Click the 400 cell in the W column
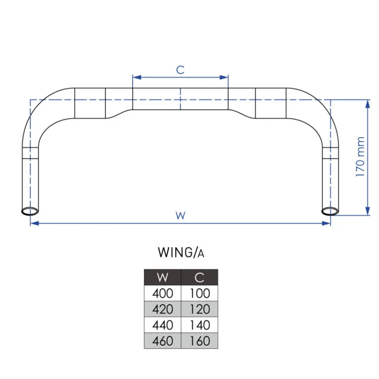pyautogui.click(x=162, y=293)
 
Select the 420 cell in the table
pyautogui.click(x=162, y=309)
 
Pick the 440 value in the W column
pyautogui.click(x=162, y=325)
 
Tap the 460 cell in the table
pyautogui.click(x=162, y=341)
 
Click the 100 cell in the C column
pyautogui.click(x=200, y=293)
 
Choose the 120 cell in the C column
pyautogui.click(x=200, y=309)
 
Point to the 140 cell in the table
pyautogui.click(x=200, y=325)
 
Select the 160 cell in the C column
pyautogui.click(x=200, y=341)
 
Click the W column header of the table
pyautogui.click(x=162, y=277)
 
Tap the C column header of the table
pyautogui.click(x=200, y=277)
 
